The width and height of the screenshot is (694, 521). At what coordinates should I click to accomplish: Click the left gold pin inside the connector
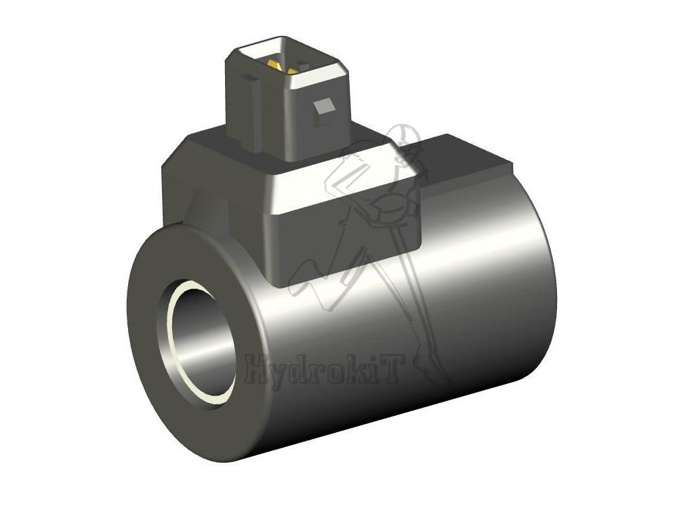(274, 65)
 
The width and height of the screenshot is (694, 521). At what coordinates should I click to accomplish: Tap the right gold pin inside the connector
(293, 71)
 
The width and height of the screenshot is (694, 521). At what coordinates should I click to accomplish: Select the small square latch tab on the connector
(325, 107)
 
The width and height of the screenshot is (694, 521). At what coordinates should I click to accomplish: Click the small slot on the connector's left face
(251, 77)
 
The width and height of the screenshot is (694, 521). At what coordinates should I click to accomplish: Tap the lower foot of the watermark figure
(434, 370)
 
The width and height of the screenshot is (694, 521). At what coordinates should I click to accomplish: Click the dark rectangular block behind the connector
(468, 163)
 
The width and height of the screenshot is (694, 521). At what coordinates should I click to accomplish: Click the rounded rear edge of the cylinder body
(542, 285)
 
